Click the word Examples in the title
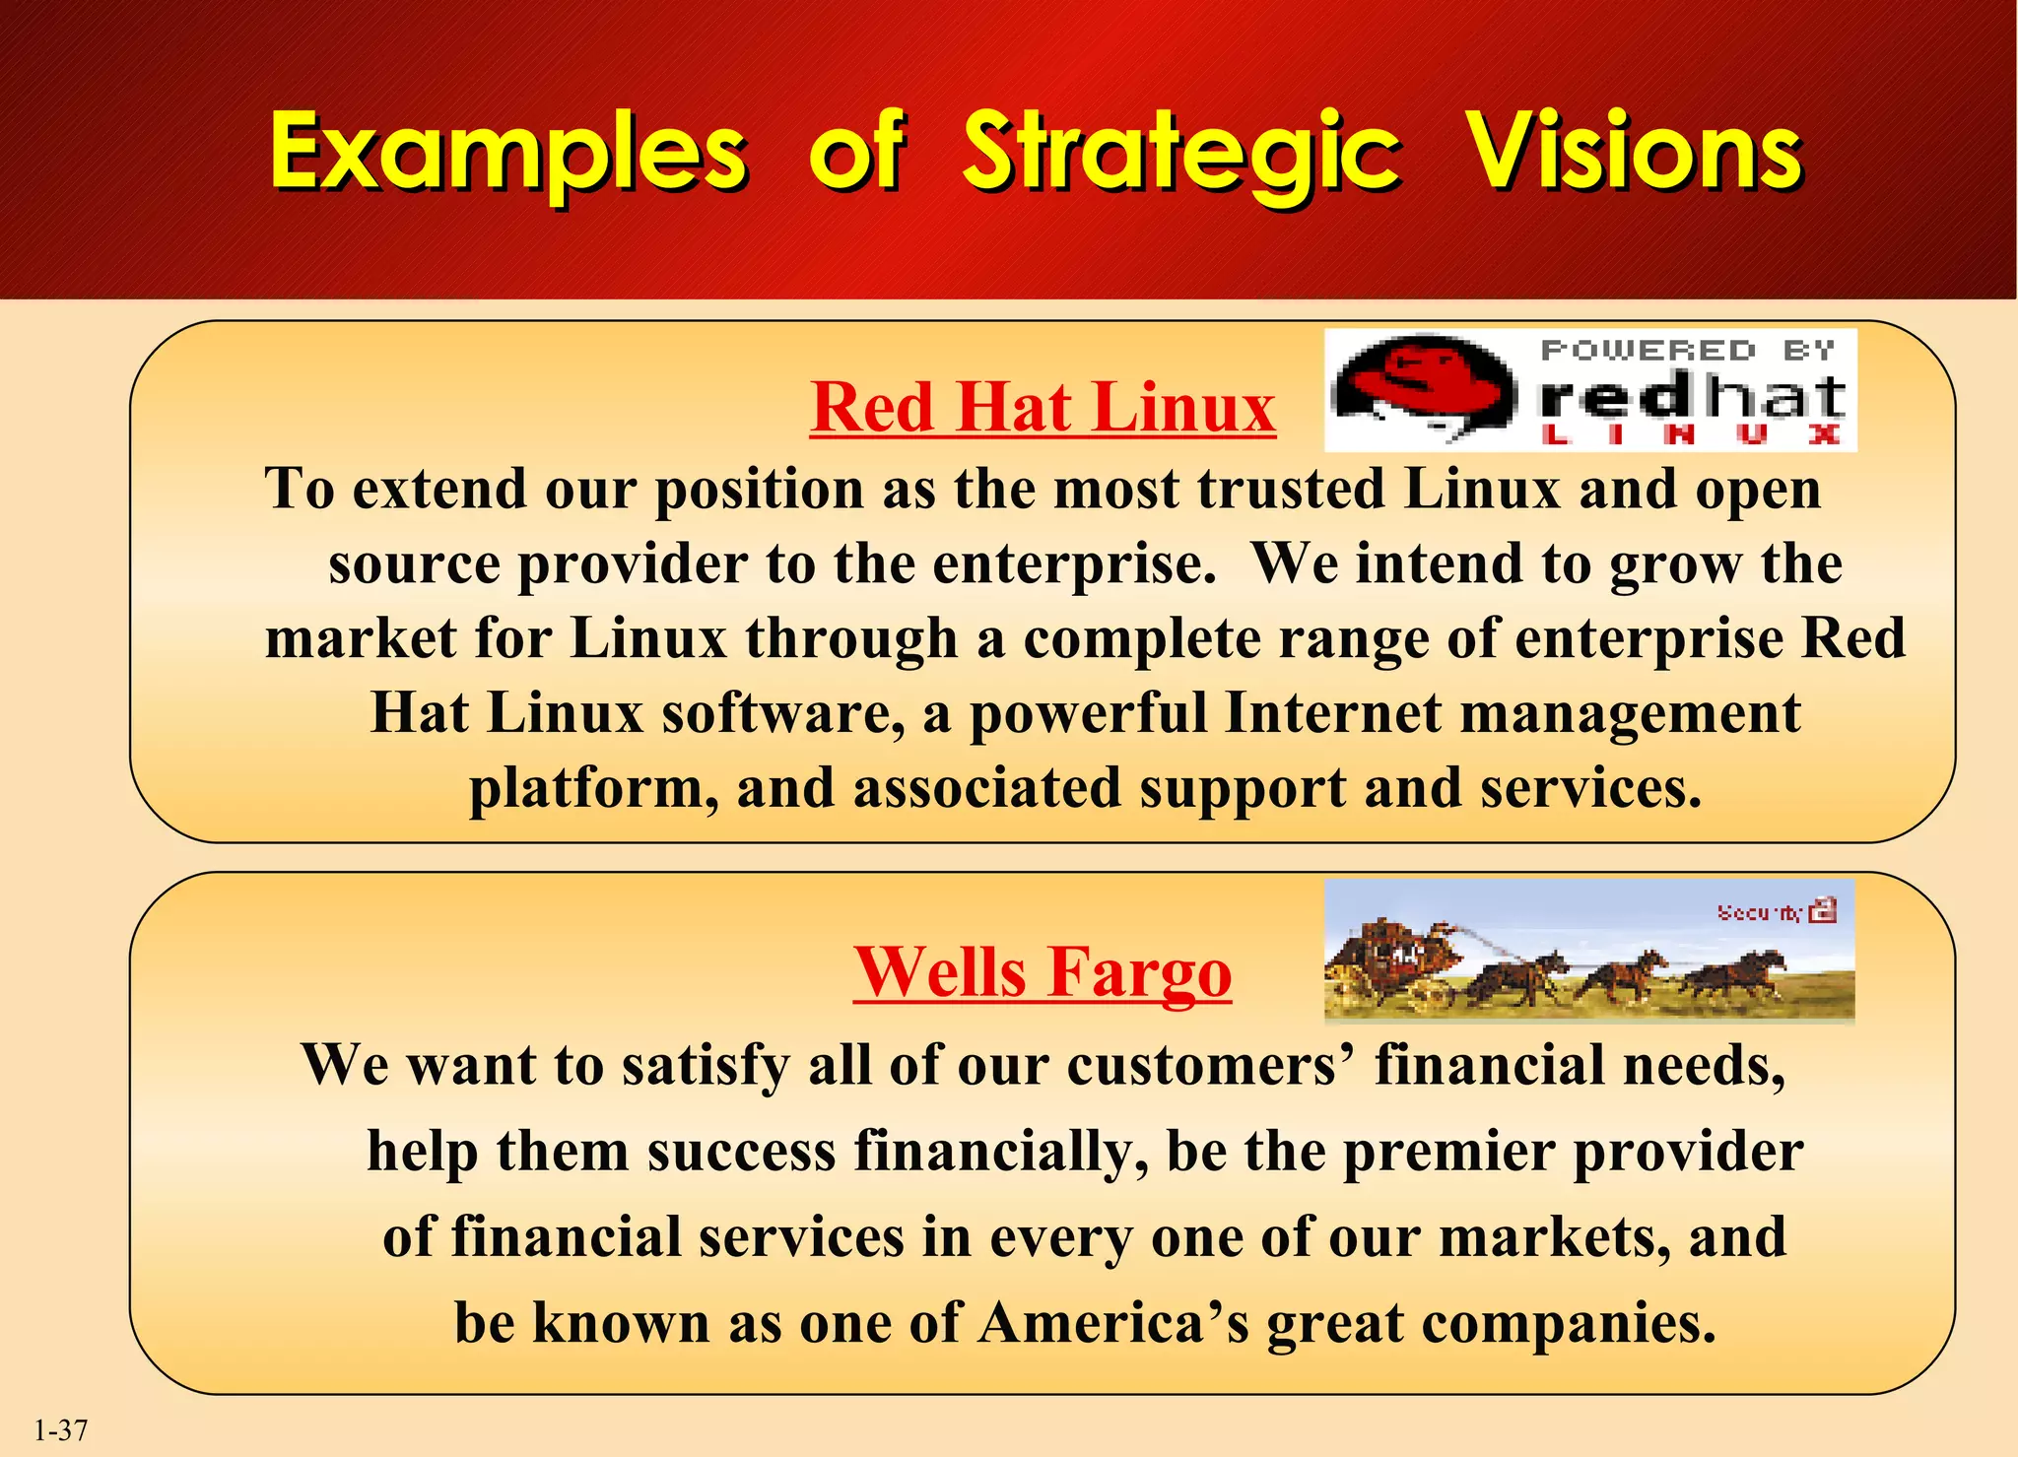508,152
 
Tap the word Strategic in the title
1180,152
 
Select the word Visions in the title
1636,152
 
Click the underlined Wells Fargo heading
1043,971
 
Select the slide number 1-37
61,1430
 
